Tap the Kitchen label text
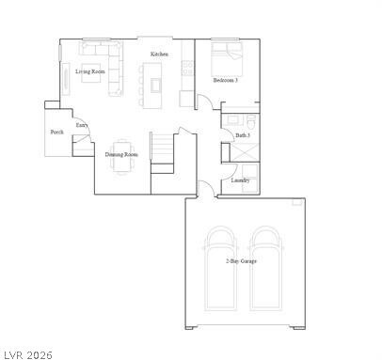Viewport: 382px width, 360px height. [x=159, y=55]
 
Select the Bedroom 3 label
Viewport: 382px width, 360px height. [x=224, y=81]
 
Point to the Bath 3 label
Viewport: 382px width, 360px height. [x=242, y=136]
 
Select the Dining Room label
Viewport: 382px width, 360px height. [x=121, y=154]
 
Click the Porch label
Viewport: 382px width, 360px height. [x=56, y=133]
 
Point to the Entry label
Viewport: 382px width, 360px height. [x=82, y=124]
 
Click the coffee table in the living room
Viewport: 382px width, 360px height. [x=92, y=77]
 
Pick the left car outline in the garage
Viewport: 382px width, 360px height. [x=221, y=267]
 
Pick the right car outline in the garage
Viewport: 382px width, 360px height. [x=266, y=267]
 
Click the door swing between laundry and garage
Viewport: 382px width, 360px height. [x=204, y=189]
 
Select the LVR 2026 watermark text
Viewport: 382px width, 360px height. [x=28, y=353]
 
